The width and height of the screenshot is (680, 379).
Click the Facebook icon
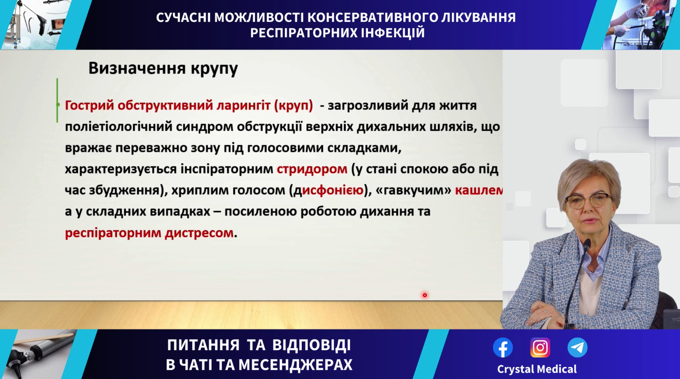coord(503,347)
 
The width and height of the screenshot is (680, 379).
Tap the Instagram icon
coord(540,347)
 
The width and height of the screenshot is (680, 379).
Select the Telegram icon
coord(578,347)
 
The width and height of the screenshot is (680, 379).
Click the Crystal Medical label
coord(537,369)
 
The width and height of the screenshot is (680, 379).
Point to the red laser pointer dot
coord(425,295)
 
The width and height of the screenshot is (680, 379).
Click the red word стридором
coord(312,169)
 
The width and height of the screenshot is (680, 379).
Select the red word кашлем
coord(479,190)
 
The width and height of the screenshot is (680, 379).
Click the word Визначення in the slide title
coord(137,68)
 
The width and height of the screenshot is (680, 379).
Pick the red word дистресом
coord(199,233)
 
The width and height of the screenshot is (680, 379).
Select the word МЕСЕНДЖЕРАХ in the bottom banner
coord(296,365)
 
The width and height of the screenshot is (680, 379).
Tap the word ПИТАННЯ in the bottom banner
coord(204,345)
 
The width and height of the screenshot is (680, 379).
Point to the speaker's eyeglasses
coord(588,201)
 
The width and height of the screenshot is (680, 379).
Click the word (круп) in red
coord(293,106)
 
